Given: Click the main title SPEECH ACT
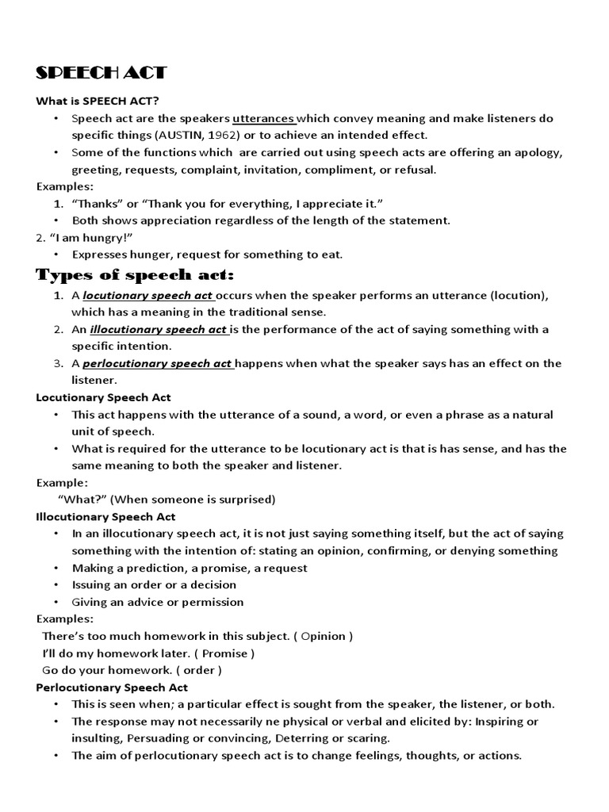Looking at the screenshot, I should (101, 73).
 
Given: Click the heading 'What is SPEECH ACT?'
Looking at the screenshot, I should (98, 101).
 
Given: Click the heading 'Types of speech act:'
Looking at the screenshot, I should (136, 275).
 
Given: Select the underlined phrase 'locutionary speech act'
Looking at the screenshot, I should (148, 295).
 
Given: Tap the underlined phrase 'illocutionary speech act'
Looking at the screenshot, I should (158, 329).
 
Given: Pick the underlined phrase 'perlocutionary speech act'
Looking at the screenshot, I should (157, 363).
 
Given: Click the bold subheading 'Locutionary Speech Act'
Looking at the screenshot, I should (104, 397).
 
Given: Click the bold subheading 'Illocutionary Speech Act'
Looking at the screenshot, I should (106, 517).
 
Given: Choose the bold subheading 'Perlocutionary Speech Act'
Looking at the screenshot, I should (113, 688).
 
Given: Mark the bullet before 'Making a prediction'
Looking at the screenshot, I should (56, 569).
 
